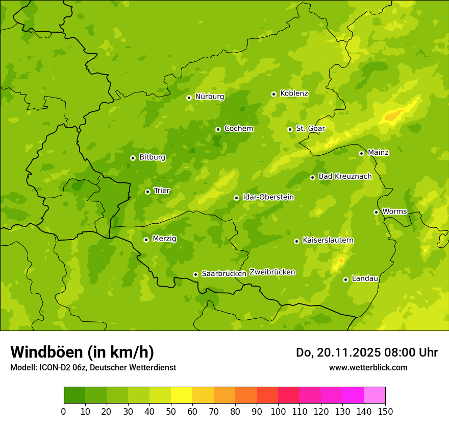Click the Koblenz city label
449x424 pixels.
coord(294,93)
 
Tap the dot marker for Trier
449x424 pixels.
coord(147,192)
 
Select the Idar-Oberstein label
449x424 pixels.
coord(268,197)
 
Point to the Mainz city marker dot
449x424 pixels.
coord(361,153)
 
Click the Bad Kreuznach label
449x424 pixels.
coord(345,176)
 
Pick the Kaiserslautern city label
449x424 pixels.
coord(328,240)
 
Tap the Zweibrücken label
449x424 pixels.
coord(272,272)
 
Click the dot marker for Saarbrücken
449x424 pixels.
coord(195,274)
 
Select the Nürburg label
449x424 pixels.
coord(209,97)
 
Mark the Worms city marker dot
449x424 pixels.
coord(376,212)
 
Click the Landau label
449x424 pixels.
coord(365,278)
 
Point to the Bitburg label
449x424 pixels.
coord(152,157)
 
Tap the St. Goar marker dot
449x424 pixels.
coord(290,129)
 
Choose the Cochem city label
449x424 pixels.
coord(238,128)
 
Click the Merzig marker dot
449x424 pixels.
coord(146,240)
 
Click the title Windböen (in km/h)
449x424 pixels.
coord(82,352)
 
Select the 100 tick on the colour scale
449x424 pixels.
coord(278,411)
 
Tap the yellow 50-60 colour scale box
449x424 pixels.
coord(182,395)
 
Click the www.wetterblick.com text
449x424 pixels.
coord(368,367)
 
